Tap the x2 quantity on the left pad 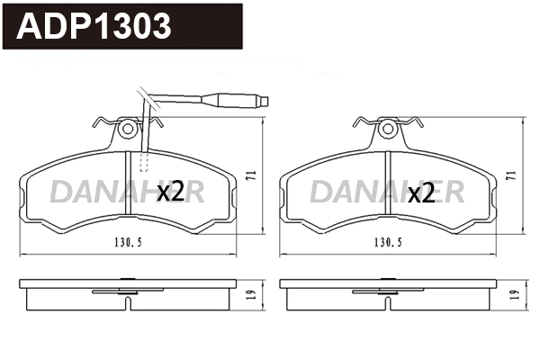coord(170,191)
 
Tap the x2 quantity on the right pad coord(421,192)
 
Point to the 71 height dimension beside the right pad coord(510,177)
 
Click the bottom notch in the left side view coord(130,304)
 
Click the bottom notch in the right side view coord(389,304)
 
